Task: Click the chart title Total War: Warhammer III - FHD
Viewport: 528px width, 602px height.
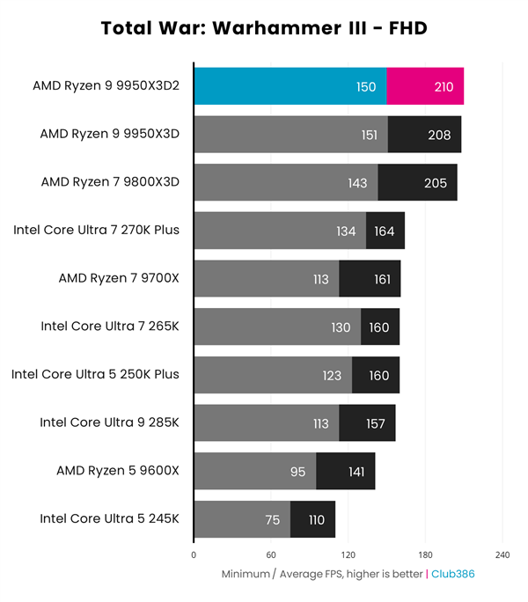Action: click(x=263, y=28)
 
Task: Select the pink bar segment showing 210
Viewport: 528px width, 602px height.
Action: click(x=425, y=86)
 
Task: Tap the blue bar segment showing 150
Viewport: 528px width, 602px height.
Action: click(x=290, y=86)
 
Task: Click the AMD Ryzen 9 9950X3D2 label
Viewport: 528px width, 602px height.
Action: click(x=106, y=86)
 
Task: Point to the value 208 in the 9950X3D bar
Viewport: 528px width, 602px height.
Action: click(x=438, y=135)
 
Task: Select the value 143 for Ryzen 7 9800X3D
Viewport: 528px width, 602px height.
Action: click(x=357, y=183)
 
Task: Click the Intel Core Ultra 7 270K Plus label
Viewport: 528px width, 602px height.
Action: click(x=96, y=231)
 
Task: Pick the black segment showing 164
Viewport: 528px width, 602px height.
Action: click(x=385, y=231)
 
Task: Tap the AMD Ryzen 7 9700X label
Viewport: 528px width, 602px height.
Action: click(x=118, y=279)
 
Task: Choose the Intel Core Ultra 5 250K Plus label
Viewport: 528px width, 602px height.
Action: click(x=95, y=375)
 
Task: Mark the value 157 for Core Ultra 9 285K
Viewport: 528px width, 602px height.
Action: click(x=376, y=423)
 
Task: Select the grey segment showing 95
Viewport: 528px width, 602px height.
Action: click(x=254, y=471)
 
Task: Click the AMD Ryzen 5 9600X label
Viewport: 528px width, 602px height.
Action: click(x=118, y=471)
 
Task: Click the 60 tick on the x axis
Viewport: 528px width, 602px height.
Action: click(x=271, y=555)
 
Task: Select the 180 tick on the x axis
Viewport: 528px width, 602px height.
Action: click(x=425, y=555)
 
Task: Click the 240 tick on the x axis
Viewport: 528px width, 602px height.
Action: click(x=502, y=555)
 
